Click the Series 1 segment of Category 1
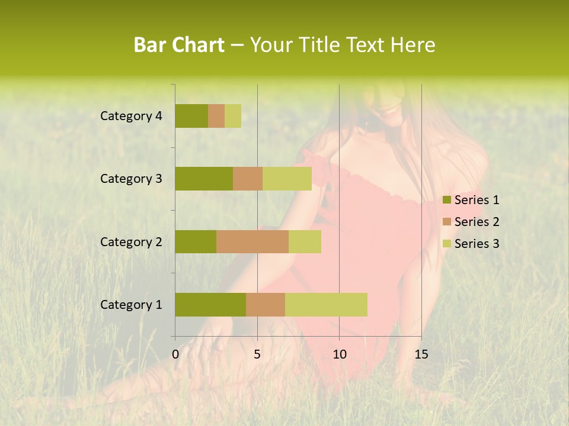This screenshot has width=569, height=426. point(210,305)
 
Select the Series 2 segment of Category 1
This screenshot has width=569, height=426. point(266,305)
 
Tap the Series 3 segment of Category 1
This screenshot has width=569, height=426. point(326,305)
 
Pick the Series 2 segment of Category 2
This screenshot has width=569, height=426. point(252,241)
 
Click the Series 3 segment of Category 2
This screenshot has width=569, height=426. point(305,241)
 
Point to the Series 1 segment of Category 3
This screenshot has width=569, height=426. point(204,179)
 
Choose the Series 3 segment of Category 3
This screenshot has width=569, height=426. point(287,179)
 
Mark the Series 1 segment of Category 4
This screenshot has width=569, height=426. point(191,116)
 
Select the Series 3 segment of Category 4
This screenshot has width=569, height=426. point(233,116)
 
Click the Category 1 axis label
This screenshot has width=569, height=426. point(131,305)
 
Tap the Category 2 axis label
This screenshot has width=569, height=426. point(131,241)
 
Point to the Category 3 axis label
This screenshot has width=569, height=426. point(131,179)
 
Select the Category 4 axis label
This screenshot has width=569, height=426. point(131,116)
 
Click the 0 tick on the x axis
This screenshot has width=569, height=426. point(175,354)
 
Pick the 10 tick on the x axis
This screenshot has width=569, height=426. point(339,354)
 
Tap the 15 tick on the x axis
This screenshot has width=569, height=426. point(421,354)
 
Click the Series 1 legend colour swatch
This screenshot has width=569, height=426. point(446,200)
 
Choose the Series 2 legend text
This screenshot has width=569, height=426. point(477,222)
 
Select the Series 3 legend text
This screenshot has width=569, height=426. point(477,244)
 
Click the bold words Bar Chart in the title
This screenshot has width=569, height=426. point(179,45)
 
